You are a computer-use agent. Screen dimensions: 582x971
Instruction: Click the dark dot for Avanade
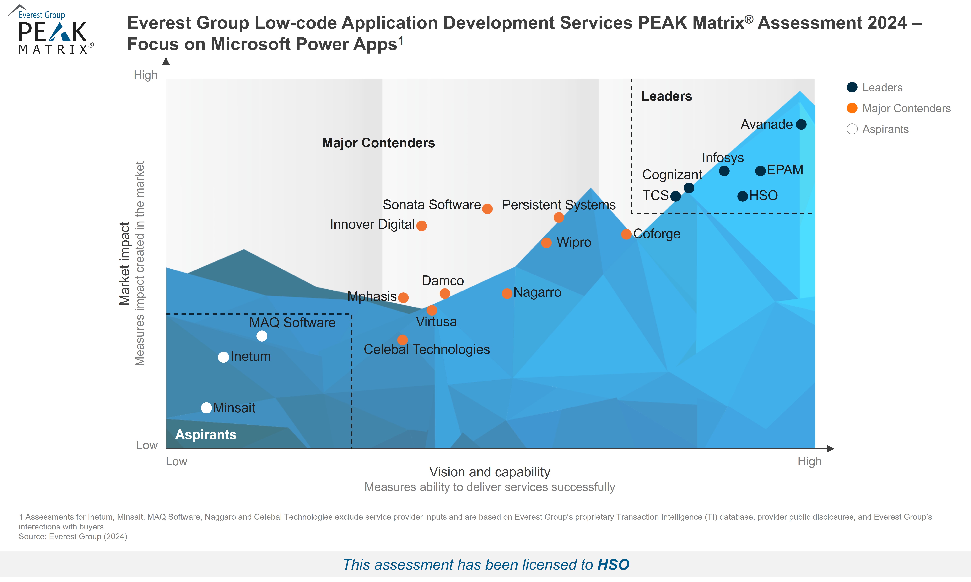801,125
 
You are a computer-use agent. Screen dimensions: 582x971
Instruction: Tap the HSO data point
742,196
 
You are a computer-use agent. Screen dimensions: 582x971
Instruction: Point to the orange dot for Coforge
626,234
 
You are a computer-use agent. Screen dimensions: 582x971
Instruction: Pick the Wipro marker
546,243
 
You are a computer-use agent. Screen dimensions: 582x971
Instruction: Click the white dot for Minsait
206,408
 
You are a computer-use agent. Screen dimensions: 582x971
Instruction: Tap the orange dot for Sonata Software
487,209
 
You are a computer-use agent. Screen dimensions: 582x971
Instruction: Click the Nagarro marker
507,293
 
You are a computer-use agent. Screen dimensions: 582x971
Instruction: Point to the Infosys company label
723,158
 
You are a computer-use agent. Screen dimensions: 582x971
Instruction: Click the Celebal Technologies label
426,349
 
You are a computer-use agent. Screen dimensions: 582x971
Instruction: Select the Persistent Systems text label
559,205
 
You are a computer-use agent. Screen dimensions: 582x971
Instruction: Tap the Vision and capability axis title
490,472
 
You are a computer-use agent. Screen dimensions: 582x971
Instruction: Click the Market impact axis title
125,264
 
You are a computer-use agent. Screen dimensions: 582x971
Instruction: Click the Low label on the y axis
147,445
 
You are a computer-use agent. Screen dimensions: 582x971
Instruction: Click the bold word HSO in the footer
613,565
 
